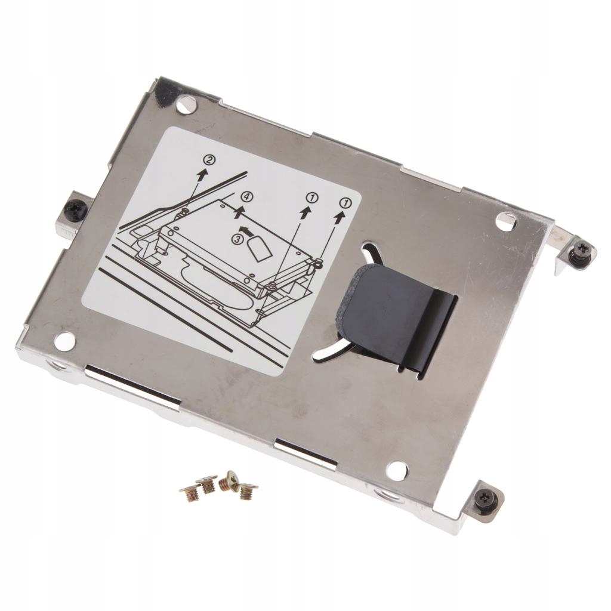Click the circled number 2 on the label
pos(209,159)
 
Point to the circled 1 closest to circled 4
pos(312,199)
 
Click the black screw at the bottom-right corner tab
pos(486,496)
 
